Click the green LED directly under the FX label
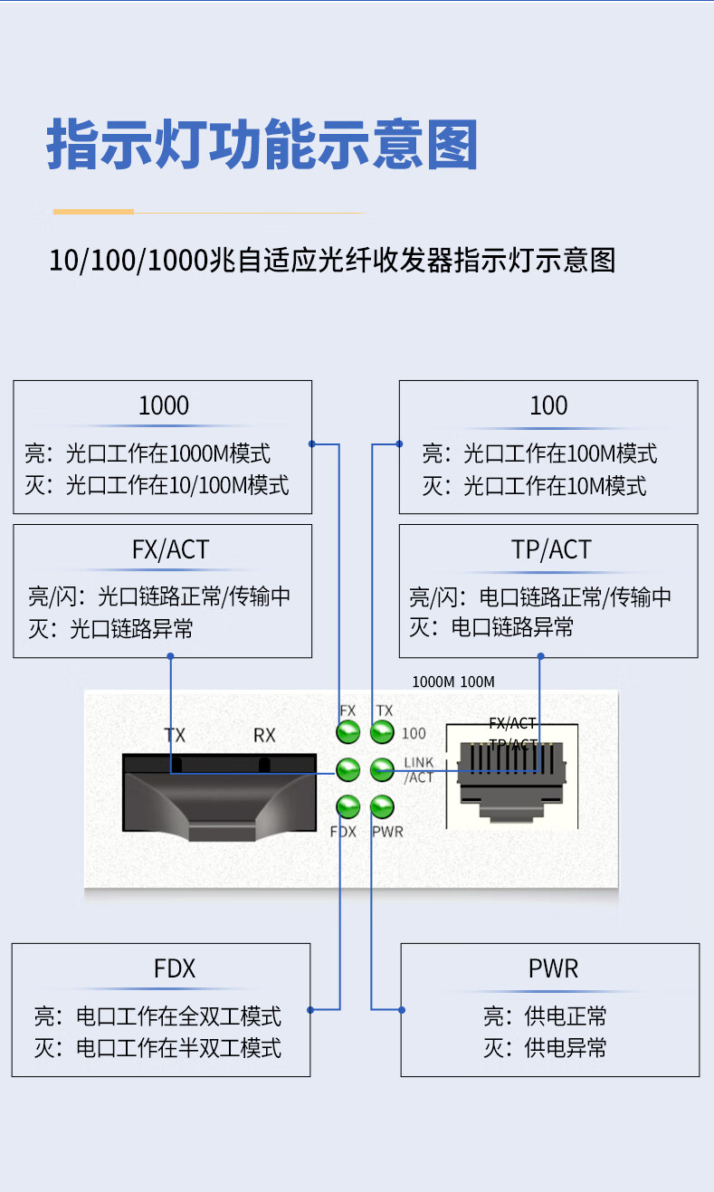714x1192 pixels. [x=347, y=732]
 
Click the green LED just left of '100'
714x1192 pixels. [x=382, y=732]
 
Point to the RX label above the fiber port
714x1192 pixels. [x=264, y=736]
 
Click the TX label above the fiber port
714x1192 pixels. [x=175, y=736]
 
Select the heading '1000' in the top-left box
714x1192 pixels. [x=164, y=405]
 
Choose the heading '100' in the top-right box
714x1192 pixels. [x=548, y=405]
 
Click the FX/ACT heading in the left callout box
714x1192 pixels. [x=170, y=549]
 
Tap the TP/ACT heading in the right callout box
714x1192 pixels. [x=551, y=549]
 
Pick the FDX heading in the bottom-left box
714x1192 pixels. [x=175, y=969]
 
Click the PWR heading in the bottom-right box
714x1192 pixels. [x=553, y=969]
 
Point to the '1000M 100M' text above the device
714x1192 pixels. [x=453, y=682]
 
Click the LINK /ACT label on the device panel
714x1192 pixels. [x=418, y=770]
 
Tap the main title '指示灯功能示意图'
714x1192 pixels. [x=262, y=145]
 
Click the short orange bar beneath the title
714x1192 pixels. [x=93, y=212]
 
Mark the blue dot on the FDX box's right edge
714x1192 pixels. [x=310, y=1009]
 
